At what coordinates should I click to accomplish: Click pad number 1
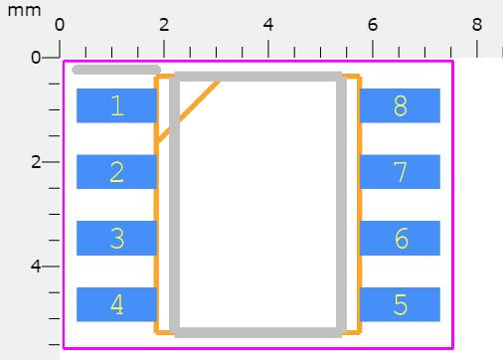116,105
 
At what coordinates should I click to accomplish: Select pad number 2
116,172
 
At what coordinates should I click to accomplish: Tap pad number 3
116,239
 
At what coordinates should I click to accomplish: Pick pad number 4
116,304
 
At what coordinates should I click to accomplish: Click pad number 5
400,304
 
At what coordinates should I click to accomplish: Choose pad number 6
400,239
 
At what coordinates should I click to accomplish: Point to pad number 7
400,172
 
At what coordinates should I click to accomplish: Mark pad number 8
400,105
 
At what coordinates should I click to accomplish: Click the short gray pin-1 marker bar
116,70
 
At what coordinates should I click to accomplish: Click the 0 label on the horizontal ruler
59,24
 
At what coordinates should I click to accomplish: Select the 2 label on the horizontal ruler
164,24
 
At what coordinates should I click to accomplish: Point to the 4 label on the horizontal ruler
268,24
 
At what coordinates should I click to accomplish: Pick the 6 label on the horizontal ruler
373,24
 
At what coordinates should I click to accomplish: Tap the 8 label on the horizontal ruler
477,24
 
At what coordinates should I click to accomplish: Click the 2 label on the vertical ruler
36,162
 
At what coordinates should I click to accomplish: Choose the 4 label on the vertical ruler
36,267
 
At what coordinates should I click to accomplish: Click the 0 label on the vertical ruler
36,58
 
